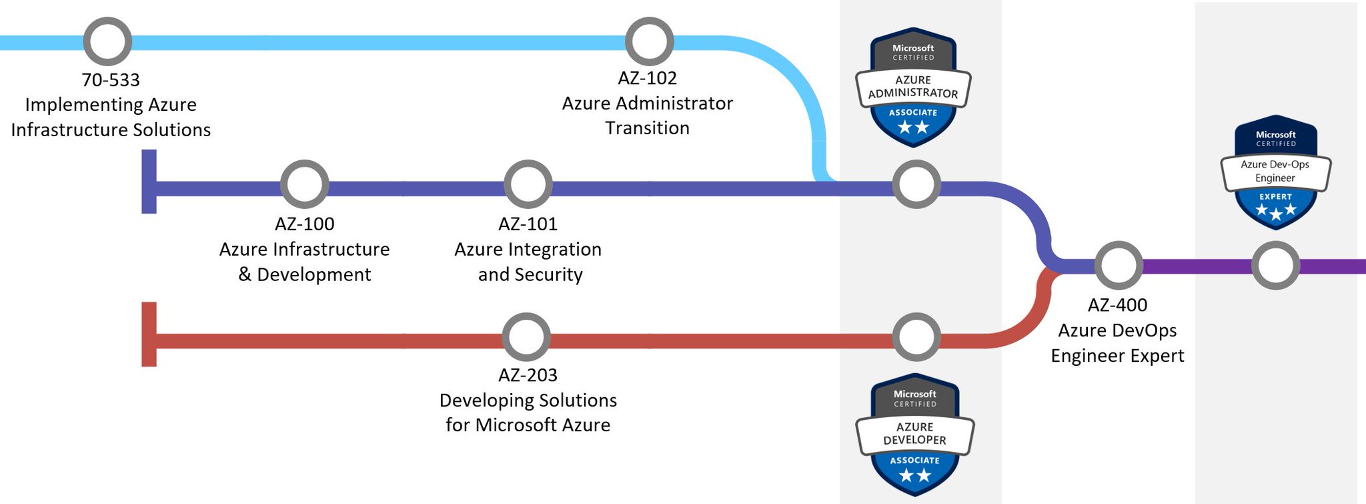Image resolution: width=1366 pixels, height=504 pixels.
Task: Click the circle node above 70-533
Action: [107, 41]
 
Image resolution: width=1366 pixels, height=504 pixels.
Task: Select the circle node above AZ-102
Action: [649, 41]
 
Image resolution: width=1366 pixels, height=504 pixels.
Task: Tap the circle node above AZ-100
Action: [305, 184]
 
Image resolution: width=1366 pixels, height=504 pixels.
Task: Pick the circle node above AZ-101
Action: [528, 184]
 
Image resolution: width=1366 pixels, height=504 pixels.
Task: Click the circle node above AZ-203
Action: [526, 337]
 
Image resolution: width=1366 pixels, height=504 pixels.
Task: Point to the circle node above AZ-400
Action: [1119, 265]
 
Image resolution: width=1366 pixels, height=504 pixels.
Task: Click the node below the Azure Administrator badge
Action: [916, 184]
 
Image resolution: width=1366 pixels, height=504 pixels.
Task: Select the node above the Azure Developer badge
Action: [916, 337]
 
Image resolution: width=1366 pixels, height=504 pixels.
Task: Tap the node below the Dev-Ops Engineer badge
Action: [1275, 265]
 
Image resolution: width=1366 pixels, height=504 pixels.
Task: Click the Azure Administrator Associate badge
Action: [913, 87]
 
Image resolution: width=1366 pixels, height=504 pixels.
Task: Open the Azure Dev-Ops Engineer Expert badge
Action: [1276, 172]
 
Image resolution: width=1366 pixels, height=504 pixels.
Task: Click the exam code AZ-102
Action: [647, 78]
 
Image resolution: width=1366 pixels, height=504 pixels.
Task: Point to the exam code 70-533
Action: [111, 80]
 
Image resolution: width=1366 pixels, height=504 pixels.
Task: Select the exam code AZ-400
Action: [1117, 305]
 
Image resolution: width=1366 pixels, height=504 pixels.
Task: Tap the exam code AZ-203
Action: [528, 375]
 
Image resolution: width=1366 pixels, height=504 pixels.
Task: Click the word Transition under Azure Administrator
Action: [647, 128]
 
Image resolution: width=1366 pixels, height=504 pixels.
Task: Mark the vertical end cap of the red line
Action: [149, 334]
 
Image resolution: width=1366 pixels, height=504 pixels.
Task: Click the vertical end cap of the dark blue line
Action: [149, 182]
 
